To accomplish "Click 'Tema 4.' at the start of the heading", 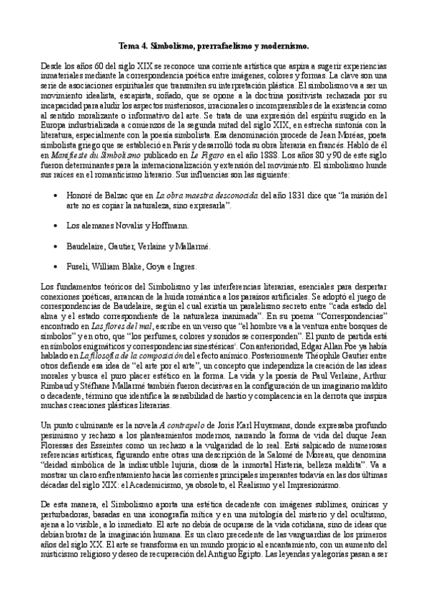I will (x=133, y=45).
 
